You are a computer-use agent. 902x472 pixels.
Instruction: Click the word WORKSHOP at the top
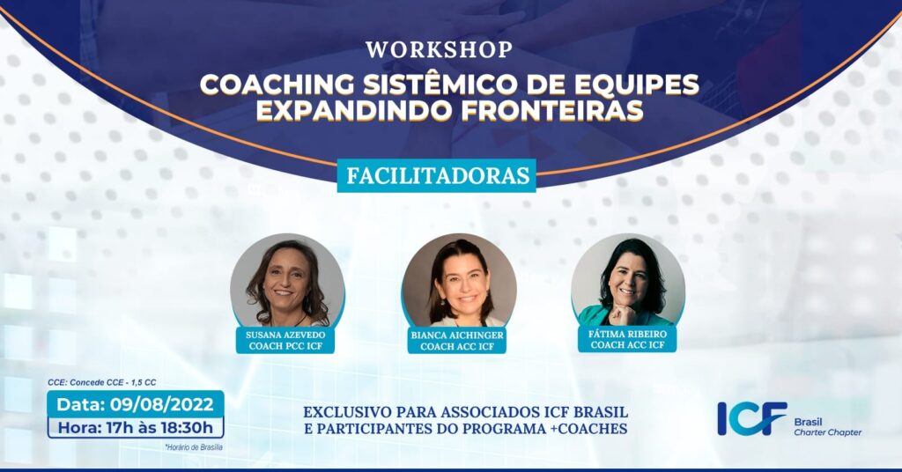(x=439, y=50)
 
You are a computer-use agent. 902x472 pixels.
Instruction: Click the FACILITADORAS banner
(x=437, y=175)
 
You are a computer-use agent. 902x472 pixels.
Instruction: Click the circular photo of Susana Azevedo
(x=287, y=282)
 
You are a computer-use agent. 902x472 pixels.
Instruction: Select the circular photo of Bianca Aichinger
(x=458, y=282)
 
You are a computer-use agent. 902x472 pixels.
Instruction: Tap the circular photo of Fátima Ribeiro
(x=628, y=282)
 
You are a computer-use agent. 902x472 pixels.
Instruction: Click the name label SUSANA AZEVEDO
(x=285, y=334)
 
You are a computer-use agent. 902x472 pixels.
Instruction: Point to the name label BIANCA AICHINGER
(x=457, y=335)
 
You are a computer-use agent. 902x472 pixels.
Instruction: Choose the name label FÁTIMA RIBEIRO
(x=627, y=334)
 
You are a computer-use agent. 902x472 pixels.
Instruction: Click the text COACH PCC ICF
(x=285, y=346)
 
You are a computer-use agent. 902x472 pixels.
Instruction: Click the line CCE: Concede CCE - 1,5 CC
(x=102, y=382)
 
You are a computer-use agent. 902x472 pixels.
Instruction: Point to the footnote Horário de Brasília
(x=194, y=446)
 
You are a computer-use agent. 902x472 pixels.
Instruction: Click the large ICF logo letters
(x=752, y=418)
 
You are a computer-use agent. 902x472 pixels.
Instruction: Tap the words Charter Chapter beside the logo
(x=828, y=432)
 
